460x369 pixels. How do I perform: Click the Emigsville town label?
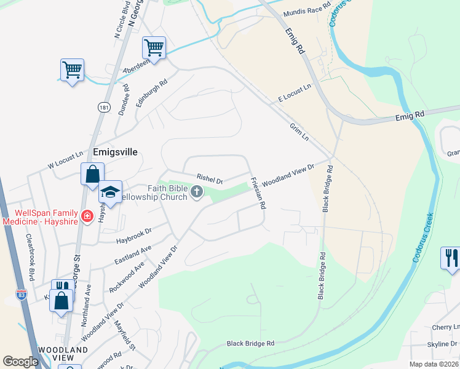click(115, 151)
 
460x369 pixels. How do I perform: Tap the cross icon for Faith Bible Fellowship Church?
click(197, 192)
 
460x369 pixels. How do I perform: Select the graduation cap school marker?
click(111, 192)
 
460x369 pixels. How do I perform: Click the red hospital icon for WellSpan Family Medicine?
click(87, 216)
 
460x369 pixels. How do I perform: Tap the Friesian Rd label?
click(258, 194)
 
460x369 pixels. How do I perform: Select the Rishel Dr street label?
click(209, 179)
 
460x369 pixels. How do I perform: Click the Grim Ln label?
click(299, 132)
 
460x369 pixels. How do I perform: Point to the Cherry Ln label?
click(447, 327)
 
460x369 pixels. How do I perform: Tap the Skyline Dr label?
click(445, 344)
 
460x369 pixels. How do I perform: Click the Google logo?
click(20, 362)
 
